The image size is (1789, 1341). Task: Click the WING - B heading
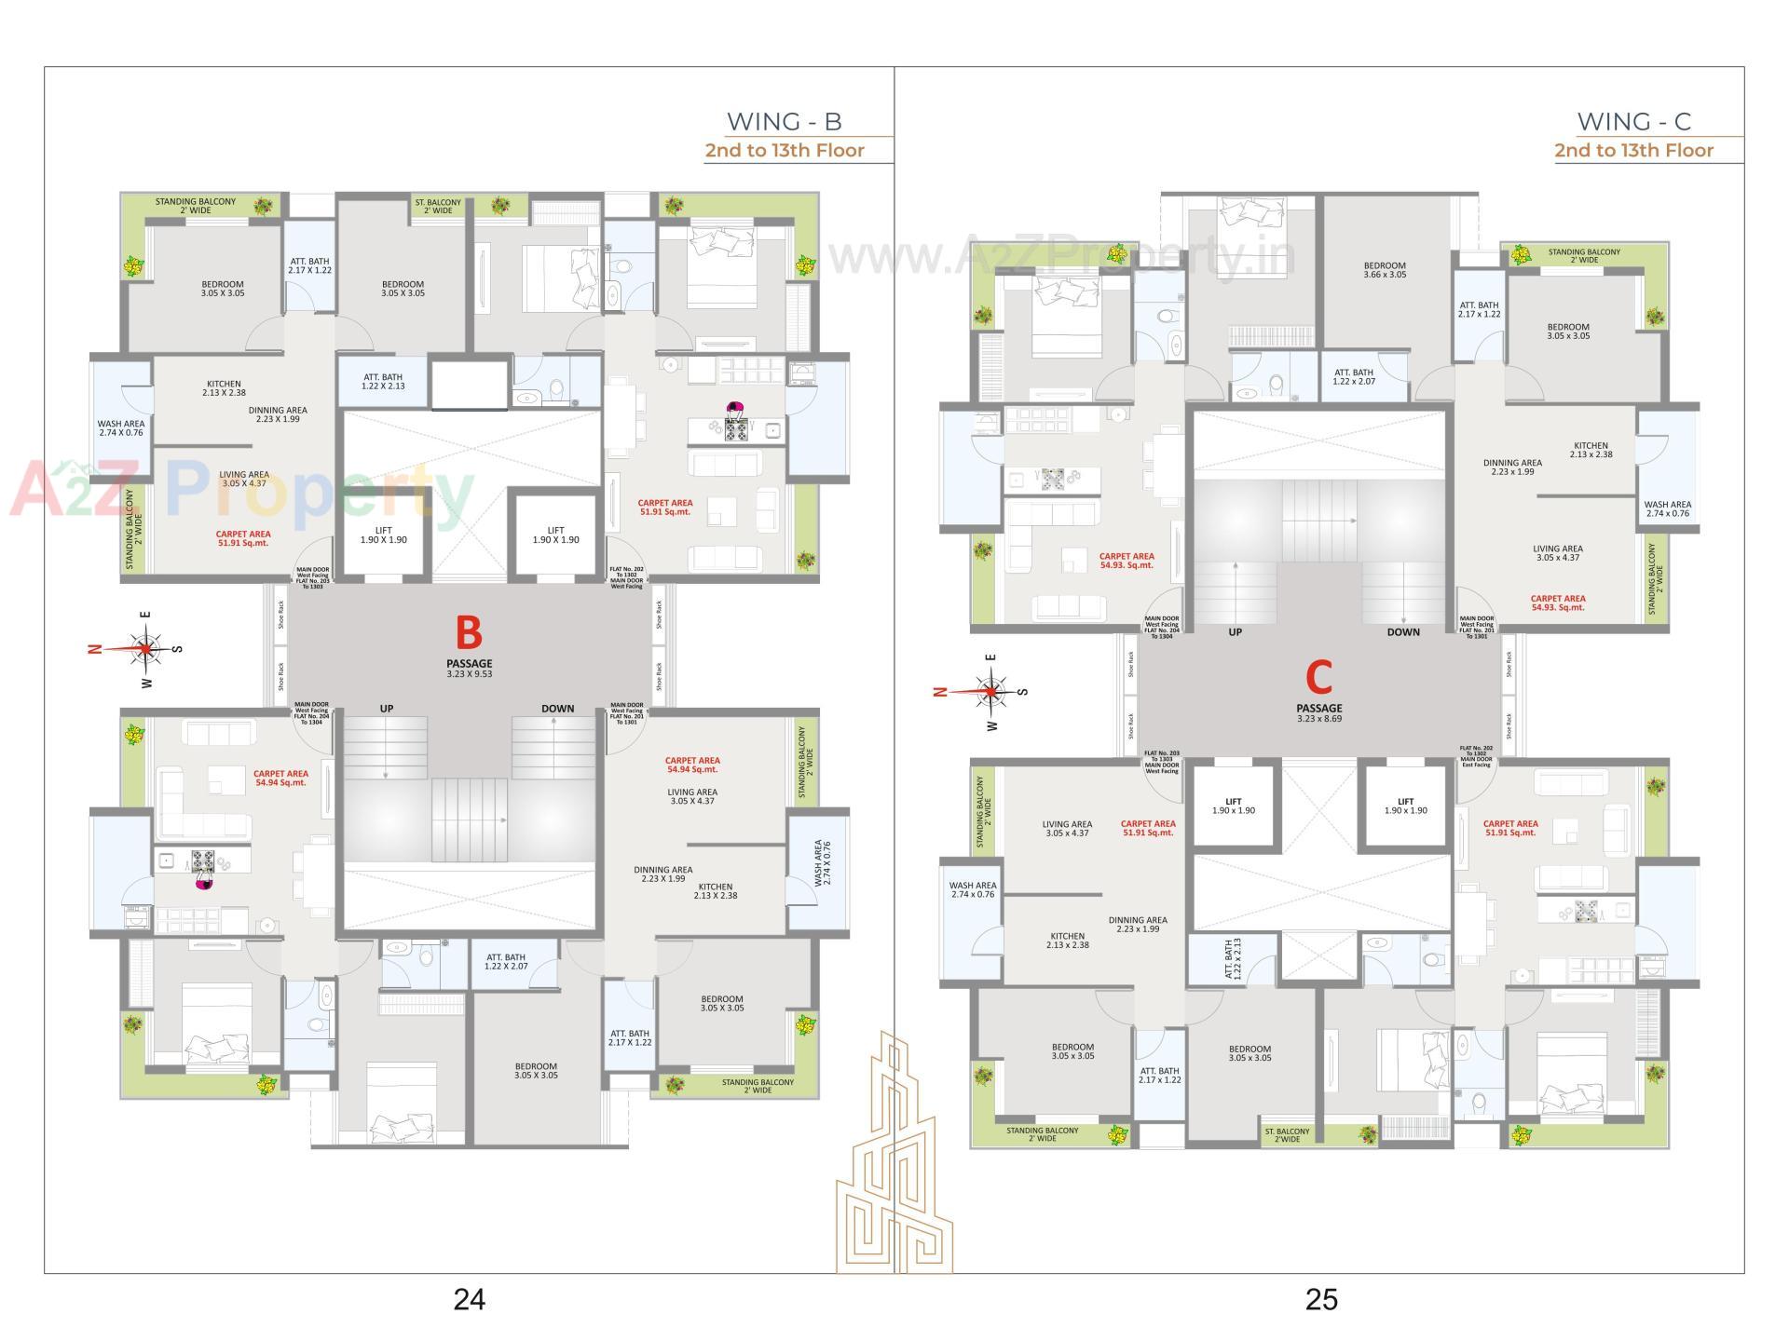pos(784,121)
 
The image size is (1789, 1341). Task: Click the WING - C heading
pos(1633,121)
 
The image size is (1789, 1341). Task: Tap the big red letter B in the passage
pos(469,633)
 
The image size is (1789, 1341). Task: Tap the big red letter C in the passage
pos(1318,678)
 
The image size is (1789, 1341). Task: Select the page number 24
pos(469,1299)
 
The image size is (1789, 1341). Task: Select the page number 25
pos(1321,1299)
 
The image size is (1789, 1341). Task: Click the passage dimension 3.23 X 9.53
pos(469,673)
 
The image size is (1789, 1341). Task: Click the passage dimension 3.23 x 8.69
pos(1318,719)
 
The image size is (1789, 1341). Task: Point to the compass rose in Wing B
pos(145,648)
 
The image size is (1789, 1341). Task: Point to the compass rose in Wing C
pos(991,691)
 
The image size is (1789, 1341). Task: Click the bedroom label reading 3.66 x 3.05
pos(1385,270)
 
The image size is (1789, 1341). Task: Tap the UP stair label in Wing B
pos(387,709)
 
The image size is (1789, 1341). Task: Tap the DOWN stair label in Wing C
pos(1402,632)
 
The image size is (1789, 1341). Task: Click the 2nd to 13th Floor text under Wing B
pos(784,150)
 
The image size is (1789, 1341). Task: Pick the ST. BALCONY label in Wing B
pos(438,206)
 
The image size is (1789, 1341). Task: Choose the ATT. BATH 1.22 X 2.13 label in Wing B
pos(383,382)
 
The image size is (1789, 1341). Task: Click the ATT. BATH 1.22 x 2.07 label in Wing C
pos(1353,376)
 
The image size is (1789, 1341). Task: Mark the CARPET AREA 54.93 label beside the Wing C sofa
pos(1126,561)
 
